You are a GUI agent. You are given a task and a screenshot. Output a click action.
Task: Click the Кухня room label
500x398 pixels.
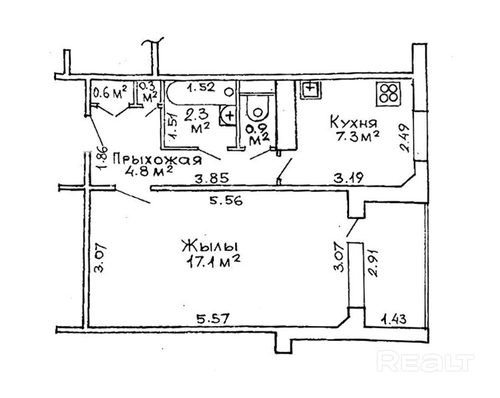click(x=354, y=123)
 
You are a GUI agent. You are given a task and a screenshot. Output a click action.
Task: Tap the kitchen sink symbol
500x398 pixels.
click(x=311, y=88)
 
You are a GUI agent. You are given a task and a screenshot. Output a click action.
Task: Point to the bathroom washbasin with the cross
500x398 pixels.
click(x=229, y=115)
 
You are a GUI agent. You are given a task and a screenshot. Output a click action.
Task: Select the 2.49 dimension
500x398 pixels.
click(x=405, y=138)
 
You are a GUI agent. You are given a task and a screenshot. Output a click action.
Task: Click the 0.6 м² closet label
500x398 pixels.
click(x=109, y=93)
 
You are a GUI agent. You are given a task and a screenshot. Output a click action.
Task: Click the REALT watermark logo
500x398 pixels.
click(x=425, y=362)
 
